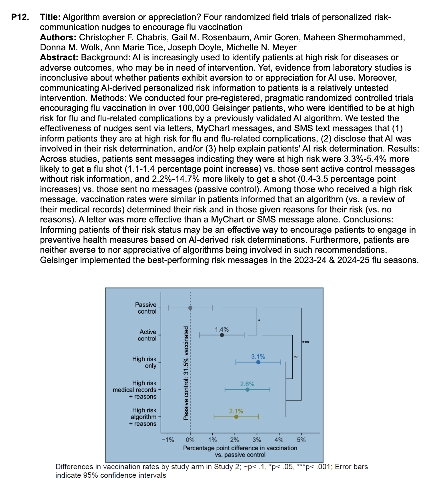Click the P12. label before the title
tap(20, 17)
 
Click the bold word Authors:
tap(58, 37)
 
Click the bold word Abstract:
tap(59, 57)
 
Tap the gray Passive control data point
tap(190, 308)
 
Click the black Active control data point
tap(222, 335)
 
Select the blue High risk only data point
tap(258, 362)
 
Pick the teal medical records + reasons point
tap(248, 390)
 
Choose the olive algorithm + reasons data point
tap(236, 417)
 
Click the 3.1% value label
tap(258, 356)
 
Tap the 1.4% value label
tap(222, 330)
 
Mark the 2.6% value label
tap(247, 384)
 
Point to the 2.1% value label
tap(236, 411)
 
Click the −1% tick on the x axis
tap(168, 440)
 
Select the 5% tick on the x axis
tap(301, 440)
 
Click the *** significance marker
tap(306, 342)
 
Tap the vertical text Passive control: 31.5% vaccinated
tap(186, 373)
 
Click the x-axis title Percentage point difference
tap(240, 448)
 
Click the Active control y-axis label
tap(147, 335)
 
